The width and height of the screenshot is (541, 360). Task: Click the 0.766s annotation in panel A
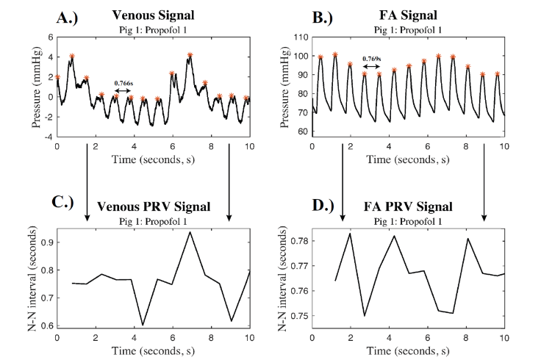pos(124,84)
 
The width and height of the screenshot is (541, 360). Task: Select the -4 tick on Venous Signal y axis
pos(46,137)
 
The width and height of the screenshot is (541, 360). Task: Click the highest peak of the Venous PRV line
pos(190,232)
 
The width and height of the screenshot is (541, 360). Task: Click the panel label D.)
pos(304,205)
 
